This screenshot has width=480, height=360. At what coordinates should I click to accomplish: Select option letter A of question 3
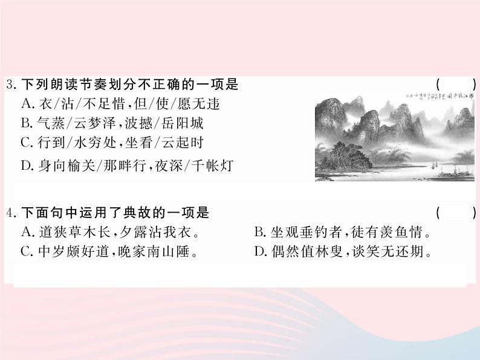[26, 103]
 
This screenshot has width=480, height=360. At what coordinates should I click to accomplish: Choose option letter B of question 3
[26, 124]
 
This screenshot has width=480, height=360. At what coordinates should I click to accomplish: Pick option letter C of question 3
[26, 143]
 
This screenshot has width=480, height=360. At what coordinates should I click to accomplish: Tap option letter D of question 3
[26, 165]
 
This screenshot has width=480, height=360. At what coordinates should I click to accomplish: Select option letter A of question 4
[26, 232]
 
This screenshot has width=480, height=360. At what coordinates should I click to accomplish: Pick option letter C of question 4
[26, 251]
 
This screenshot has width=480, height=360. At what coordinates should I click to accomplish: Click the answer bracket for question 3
[456, 85]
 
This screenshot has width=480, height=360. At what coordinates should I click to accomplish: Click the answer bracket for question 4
[456, 213]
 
